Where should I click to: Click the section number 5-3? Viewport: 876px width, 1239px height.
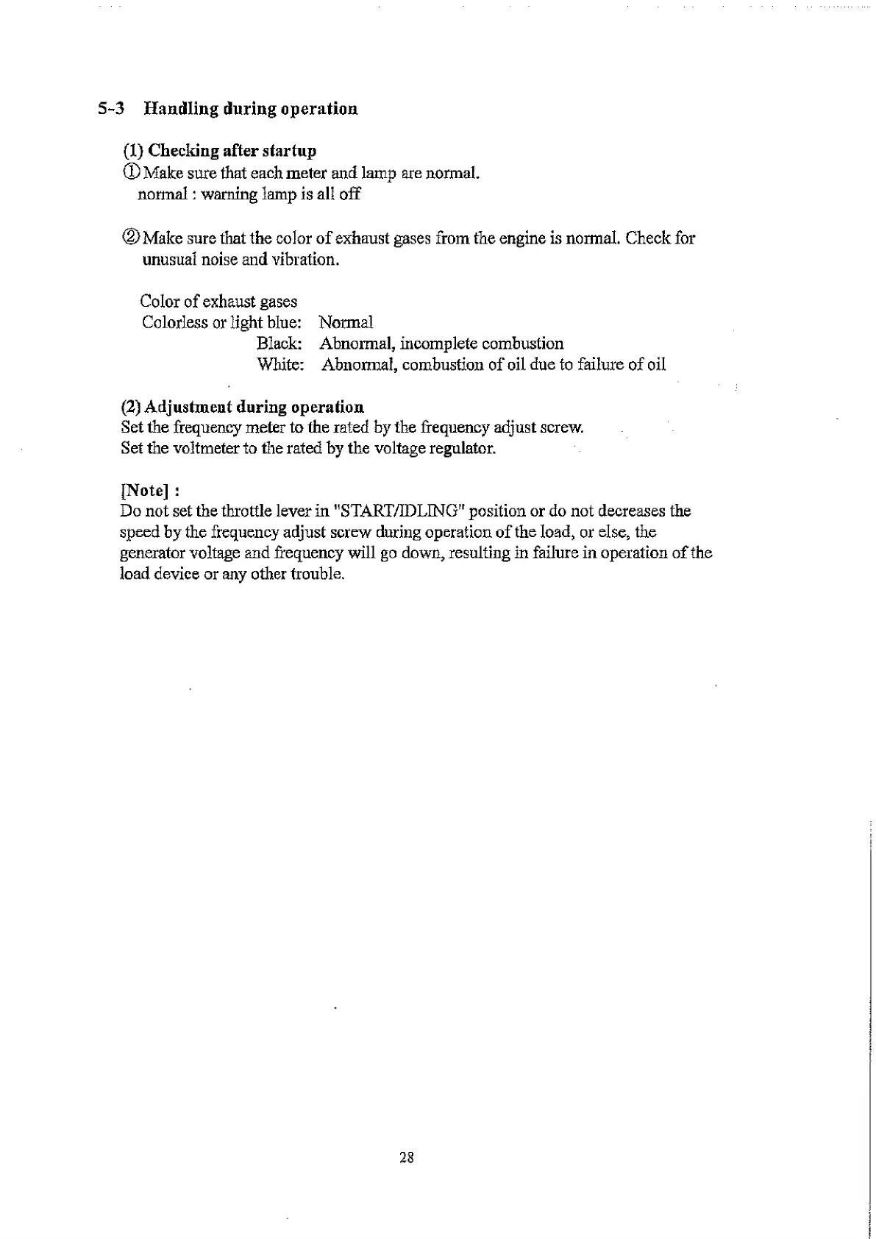pos(110,109)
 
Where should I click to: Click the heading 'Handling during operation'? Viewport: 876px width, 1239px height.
pos(251,109)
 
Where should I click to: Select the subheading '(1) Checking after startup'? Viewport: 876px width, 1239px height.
pos(219,151)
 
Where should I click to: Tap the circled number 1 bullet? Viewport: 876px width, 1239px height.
pos(130,174)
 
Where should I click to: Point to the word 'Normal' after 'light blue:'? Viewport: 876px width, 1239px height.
pos(346,322)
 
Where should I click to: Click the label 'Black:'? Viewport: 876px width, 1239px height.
pos(280,344)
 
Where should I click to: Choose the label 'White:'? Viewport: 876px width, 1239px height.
pos(280,365)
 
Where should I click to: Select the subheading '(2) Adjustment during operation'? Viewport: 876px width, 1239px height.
pos(242,407)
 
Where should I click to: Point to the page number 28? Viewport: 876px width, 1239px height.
pos(407,1157)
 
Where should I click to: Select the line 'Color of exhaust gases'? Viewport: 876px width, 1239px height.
pos(218,302)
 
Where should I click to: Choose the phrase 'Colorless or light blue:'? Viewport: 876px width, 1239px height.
pos(221,322)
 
